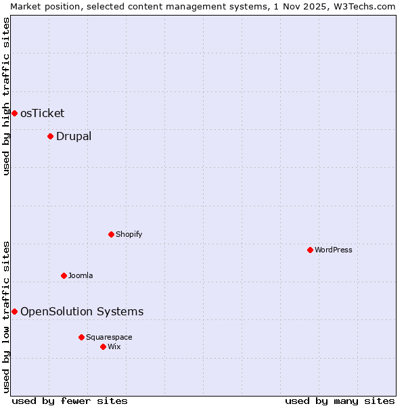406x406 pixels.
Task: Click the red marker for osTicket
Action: pyautogui.click(x=14, y=113)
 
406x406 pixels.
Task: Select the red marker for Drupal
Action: pyautogui.click(x=50, y=136)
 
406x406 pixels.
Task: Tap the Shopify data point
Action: pyautogui.click(x=111, y=234)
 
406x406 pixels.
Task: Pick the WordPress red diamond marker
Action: pyautogui.click(x=310, y=250)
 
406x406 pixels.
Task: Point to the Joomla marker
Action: pyautogui.click(x=64, y=275)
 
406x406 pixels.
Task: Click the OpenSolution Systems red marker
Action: pyautogui.click(x=14, y=311)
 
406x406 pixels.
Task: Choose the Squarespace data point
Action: pyautogui.click(x=81, y=337)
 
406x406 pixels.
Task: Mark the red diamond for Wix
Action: pyautogui.click(x=103, y=346)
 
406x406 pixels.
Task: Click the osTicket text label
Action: pyautogui.click(x=42, y=113)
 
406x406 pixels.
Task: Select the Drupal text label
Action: pyautogui.click(x=74, y=136)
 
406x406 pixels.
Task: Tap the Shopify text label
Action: pyautogui.click(x=129, y=234)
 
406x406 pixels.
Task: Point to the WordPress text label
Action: pyautogui.click(x=334, y=250)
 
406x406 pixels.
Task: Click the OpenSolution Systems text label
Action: pyautogui.click(x=82, y=311)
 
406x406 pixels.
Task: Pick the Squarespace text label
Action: pyautogui.click(x=109, y=337)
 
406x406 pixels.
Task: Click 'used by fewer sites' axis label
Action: pyautogui.click(x=70, y=401)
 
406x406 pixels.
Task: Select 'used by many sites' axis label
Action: pyautogui.click(x=340, y=401)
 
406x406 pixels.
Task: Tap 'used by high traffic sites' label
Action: pyautogui.click(x=6, y=96)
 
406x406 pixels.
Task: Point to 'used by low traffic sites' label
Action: pyautogui.click(x=6, y=316)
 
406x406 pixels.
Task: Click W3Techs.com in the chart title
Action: pyautogui.click(x=365, y=6)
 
